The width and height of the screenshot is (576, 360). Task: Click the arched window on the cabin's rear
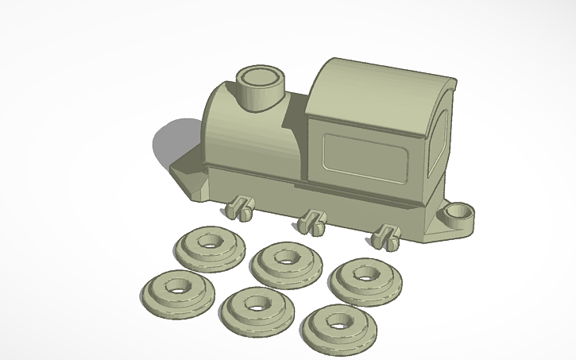pos(438,143)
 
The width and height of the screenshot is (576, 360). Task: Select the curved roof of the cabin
pos(373,87)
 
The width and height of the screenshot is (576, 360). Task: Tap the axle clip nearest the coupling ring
pos(387,236)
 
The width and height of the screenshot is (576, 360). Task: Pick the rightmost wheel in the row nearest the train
pos(365,278)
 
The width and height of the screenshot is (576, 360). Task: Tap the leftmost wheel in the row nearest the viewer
pos(178,289)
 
